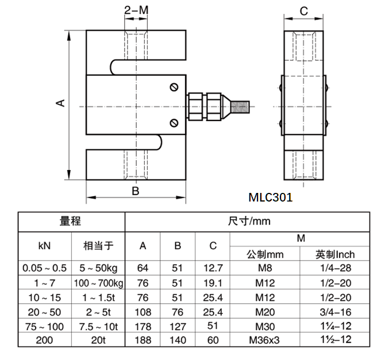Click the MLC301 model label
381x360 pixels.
click(x=271, y=197)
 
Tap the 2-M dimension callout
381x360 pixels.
click(x=136, y=10)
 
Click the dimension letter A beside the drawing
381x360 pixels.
click(x=59, y=103)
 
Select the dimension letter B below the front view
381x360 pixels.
click(x=135, y=191)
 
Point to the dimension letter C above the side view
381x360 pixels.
click(x=304, y=10)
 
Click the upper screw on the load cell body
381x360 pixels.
click(x=174, y=87)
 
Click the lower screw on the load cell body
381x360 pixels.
click(x=174, y=122)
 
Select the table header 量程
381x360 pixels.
click(x=71, y=222)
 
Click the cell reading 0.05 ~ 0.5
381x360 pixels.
click(x=44, y=268)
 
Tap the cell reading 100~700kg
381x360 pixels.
click(x=98, y=283)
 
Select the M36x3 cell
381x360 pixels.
click(x=264, y=340)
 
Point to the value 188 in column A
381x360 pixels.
click(x=143, y=340)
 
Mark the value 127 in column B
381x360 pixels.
click(x=178, y=326)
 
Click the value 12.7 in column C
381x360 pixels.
click(x=213, y=268)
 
